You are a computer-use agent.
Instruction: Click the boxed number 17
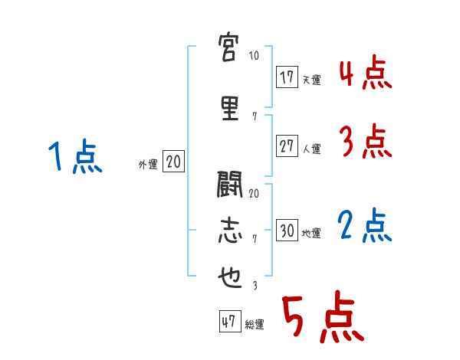click(x=287, y=77)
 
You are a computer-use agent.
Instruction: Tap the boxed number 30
click(x=287, y=231)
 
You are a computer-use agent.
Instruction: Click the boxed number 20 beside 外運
click(x=173, y=162)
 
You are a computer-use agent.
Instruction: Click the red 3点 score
click(x=366, y=142)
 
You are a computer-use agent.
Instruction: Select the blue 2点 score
click(x=366, y=226)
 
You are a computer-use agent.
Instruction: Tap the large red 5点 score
click(x=322, y=319)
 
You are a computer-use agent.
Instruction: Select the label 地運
click(x=312, y=234)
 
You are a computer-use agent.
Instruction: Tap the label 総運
click(x=255, y=325)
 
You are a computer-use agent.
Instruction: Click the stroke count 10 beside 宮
click(x=254, y=56)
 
